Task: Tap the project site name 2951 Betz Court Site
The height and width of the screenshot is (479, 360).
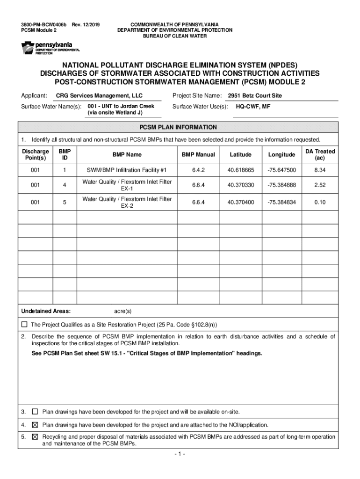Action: coord(255,96)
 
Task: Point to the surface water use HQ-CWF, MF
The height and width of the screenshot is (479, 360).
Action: coord(253,107)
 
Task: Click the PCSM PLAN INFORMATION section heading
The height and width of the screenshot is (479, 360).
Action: coord(178,127)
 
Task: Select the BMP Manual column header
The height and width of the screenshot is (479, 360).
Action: coord(199,155)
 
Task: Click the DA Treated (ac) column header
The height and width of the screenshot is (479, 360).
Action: coord(320,155)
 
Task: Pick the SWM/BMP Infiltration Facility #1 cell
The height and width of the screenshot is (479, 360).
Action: coord(127,170)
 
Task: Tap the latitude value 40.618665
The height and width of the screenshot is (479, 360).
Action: coord(241,170)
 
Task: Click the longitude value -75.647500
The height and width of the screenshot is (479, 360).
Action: coord(281,170)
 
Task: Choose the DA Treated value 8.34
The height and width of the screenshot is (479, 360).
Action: coord(320,170)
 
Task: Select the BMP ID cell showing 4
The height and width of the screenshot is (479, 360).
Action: coord(65,185)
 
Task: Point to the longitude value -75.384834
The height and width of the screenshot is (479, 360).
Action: coord(281,202)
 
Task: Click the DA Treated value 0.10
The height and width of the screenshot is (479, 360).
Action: coord(320,202)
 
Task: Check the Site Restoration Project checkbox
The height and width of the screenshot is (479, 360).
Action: coord(25,324)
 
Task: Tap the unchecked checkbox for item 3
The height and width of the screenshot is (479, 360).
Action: coord(35,412)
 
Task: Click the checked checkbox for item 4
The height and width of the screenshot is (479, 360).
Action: coord(35,425)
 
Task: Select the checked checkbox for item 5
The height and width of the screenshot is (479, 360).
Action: coord(35,437)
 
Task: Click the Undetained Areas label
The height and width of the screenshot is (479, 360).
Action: coord(46,311)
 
